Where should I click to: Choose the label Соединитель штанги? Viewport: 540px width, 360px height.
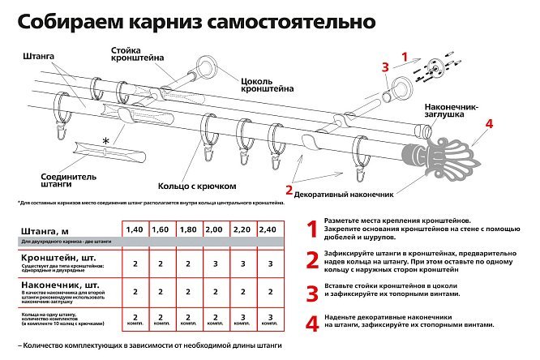45,179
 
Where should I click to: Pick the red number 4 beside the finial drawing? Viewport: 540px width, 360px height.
489,124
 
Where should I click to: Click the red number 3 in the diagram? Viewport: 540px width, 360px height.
386,66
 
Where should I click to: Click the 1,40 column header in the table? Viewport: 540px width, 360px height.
135,230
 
